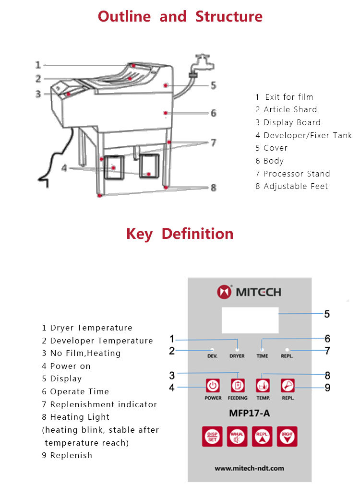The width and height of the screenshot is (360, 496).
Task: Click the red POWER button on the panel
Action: click(213, 386)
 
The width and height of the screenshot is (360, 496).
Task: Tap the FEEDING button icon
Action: click(238, 386)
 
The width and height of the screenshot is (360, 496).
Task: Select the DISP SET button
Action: click(212, 436)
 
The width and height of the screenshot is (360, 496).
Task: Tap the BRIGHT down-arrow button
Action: click(288, 436)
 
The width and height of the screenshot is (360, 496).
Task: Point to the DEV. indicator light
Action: click(212, 350)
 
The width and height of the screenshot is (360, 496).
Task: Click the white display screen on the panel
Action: click(250, 319)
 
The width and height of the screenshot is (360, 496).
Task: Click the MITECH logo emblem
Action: click(224, 292)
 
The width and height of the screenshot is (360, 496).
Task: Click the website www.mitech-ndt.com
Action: click(250, 468)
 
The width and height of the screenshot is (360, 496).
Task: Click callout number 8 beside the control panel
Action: click(327, 375)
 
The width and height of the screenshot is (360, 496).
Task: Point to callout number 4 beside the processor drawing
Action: click(64, 168)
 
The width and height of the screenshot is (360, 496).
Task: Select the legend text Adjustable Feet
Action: click(296, 186)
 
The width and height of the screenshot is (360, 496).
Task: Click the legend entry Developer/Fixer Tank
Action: click(307, 135)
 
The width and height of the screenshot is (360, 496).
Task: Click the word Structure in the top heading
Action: click(229, 16)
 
